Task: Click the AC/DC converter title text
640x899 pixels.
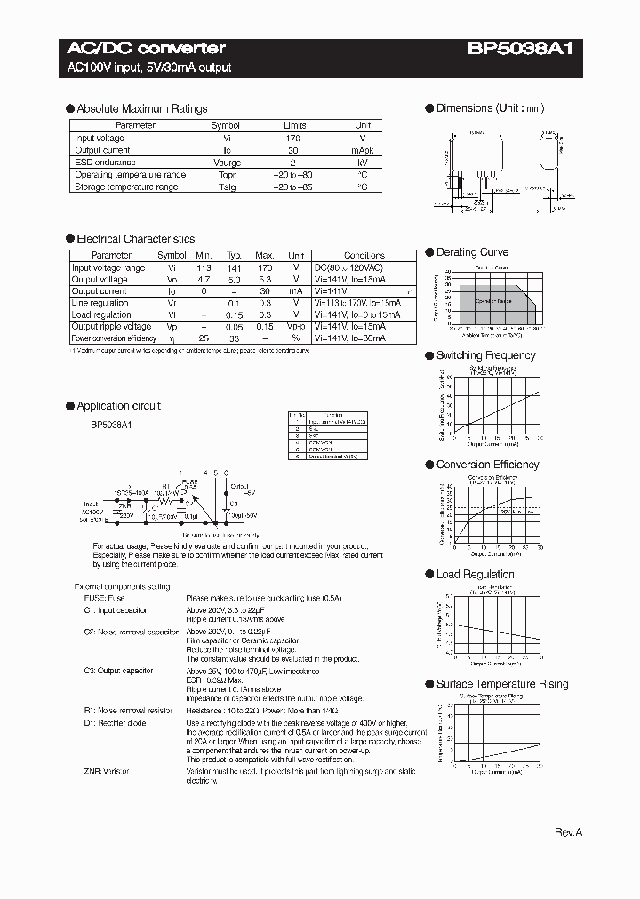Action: pyautogui.click(x=147, y=49)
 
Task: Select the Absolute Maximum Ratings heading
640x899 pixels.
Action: pyautogui.click(x=141, y=109)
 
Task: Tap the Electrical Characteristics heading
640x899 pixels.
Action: pyautogui.click(x=135, y=239)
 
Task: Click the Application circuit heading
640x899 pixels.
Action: pyautogui.click(x=118, y=406)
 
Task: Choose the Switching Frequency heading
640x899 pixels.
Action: pyautogui.click(x=485, y=355)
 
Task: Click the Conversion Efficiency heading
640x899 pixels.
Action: pyautogui.click(x=487, y=465)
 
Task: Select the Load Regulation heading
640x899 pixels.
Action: pyautogui.click(x=475, y=575)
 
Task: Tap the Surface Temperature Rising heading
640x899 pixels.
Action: pyautogui.click(x=501, y=684)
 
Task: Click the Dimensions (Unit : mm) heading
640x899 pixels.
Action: pyautogui.click(x=490, y=108)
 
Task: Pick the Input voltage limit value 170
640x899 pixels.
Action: pyautogui.click(x=294, y=139)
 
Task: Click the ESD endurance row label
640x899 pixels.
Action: pyautogui.click(x=105, y=163)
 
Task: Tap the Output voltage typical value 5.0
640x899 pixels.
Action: pyautogui.click(x=235, y=279)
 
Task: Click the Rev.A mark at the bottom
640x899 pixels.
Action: pyautogui.click(x=568, y=832)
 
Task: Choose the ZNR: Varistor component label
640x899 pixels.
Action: pyautogui.click(x=107, y=772)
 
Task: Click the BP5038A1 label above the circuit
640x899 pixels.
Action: pyautogui.click(x=110, y=425)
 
